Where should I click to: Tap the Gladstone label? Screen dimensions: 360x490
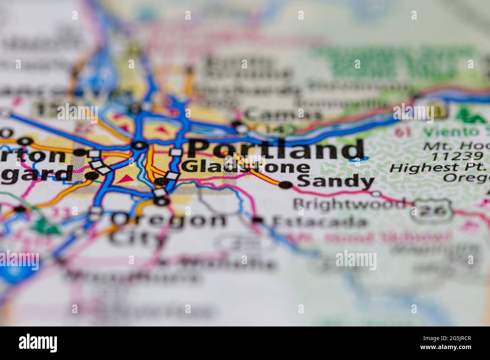tap(245, 167)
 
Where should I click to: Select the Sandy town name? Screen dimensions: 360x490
tap(335, 182)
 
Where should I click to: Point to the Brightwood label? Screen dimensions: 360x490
tap(350, 204)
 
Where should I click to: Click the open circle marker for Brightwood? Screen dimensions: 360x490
tap(376, 194)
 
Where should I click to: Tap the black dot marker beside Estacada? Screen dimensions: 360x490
tap(258, 220)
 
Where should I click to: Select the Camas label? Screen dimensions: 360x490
tap(283, 114)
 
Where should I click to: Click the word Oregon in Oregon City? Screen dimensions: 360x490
tap(170, 220)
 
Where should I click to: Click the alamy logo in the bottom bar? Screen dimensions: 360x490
tap(38, 343)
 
